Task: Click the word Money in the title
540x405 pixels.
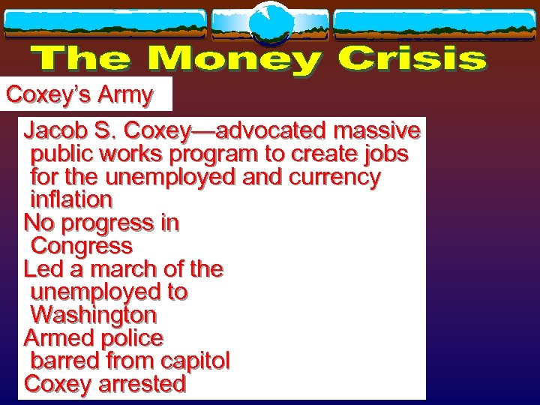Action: point(235,60)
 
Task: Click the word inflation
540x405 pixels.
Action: point(71,200)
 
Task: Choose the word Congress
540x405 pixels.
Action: point(82,246)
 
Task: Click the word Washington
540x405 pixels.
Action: point(94,314)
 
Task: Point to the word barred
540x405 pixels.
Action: point(64,361)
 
